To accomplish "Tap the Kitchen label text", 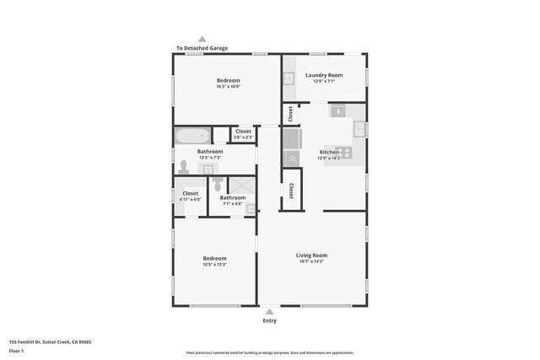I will (x=327, y=152).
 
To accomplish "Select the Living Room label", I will (x=311, y=255).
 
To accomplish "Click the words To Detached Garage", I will (x=202, y=48).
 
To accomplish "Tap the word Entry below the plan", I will (x=269, y=320).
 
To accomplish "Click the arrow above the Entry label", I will (x=269, y=311).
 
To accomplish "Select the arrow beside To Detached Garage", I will (x=202, y=39).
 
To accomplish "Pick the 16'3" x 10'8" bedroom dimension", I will (x=228, y=86).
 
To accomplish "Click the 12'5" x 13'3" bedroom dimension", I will (x=214, y=264).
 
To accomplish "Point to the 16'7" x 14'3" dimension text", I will (x=311, y=261).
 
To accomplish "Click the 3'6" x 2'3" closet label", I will (x=243, y=137).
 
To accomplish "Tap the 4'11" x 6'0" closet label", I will (x=191, y=199).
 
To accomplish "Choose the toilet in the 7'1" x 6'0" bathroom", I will (x=217, y=183).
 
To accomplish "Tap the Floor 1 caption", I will (x=16, y=350).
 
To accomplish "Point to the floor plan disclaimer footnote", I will (x=270, y=352).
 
